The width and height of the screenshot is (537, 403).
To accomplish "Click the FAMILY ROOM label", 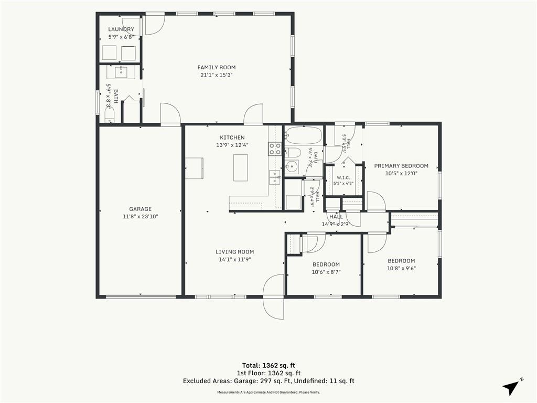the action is click(217, 68).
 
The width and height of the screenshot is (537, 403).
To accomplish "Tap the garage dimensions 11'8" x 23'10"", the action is click(141, 217).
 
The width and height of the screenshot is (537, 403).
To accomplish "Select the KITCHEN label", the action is click(232, 137).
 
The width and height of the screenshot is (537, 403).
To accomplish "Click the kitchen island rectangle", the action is click(240, 167).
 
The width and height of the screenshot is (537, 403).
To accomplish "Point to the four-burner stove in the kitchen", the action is click(275, 149).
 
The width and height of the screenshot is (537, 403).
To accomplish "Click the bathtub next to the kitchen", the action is click(304, 136).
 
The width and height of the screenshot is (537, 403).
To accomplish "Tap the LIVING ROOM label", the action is click(235, 252).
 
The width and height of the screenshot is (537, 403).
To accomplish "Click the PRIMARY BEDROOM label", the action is click(401, 166).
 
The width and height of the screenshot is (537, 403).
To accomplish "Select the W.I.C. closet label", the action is click(343, 177).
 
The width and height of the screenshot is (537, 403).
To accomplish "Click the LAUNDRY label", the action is click(121, 29).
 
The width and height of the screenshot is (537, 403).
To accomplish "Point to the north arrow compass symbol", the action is click(512, 386).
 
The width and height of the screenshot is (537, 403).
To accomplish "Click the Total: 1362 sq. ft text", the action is click(268, 365).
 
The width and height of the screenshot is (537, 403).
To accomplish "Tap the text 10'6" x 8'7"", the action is click(326, 272).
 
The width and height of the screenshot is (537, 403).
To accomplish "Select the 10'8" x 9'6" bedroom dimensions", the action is click(401, 268).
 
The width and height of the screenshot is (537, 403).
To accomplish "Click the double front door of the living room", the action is click(274, 297).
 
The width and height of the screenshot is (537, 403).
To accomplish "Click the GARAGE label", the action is click(141, 209).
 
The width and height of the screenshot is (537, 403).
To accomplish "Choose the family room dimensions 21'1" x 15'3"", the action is click(217, 75).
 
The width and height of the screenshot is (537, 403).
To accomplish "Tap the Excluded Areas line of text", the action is click(268, 381).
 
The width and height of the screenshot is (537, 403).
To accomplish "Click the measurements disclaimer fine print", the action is click(268, 393).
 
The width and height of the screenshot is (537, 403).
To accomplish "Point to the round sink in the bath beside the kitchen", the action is click(292, 167).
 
